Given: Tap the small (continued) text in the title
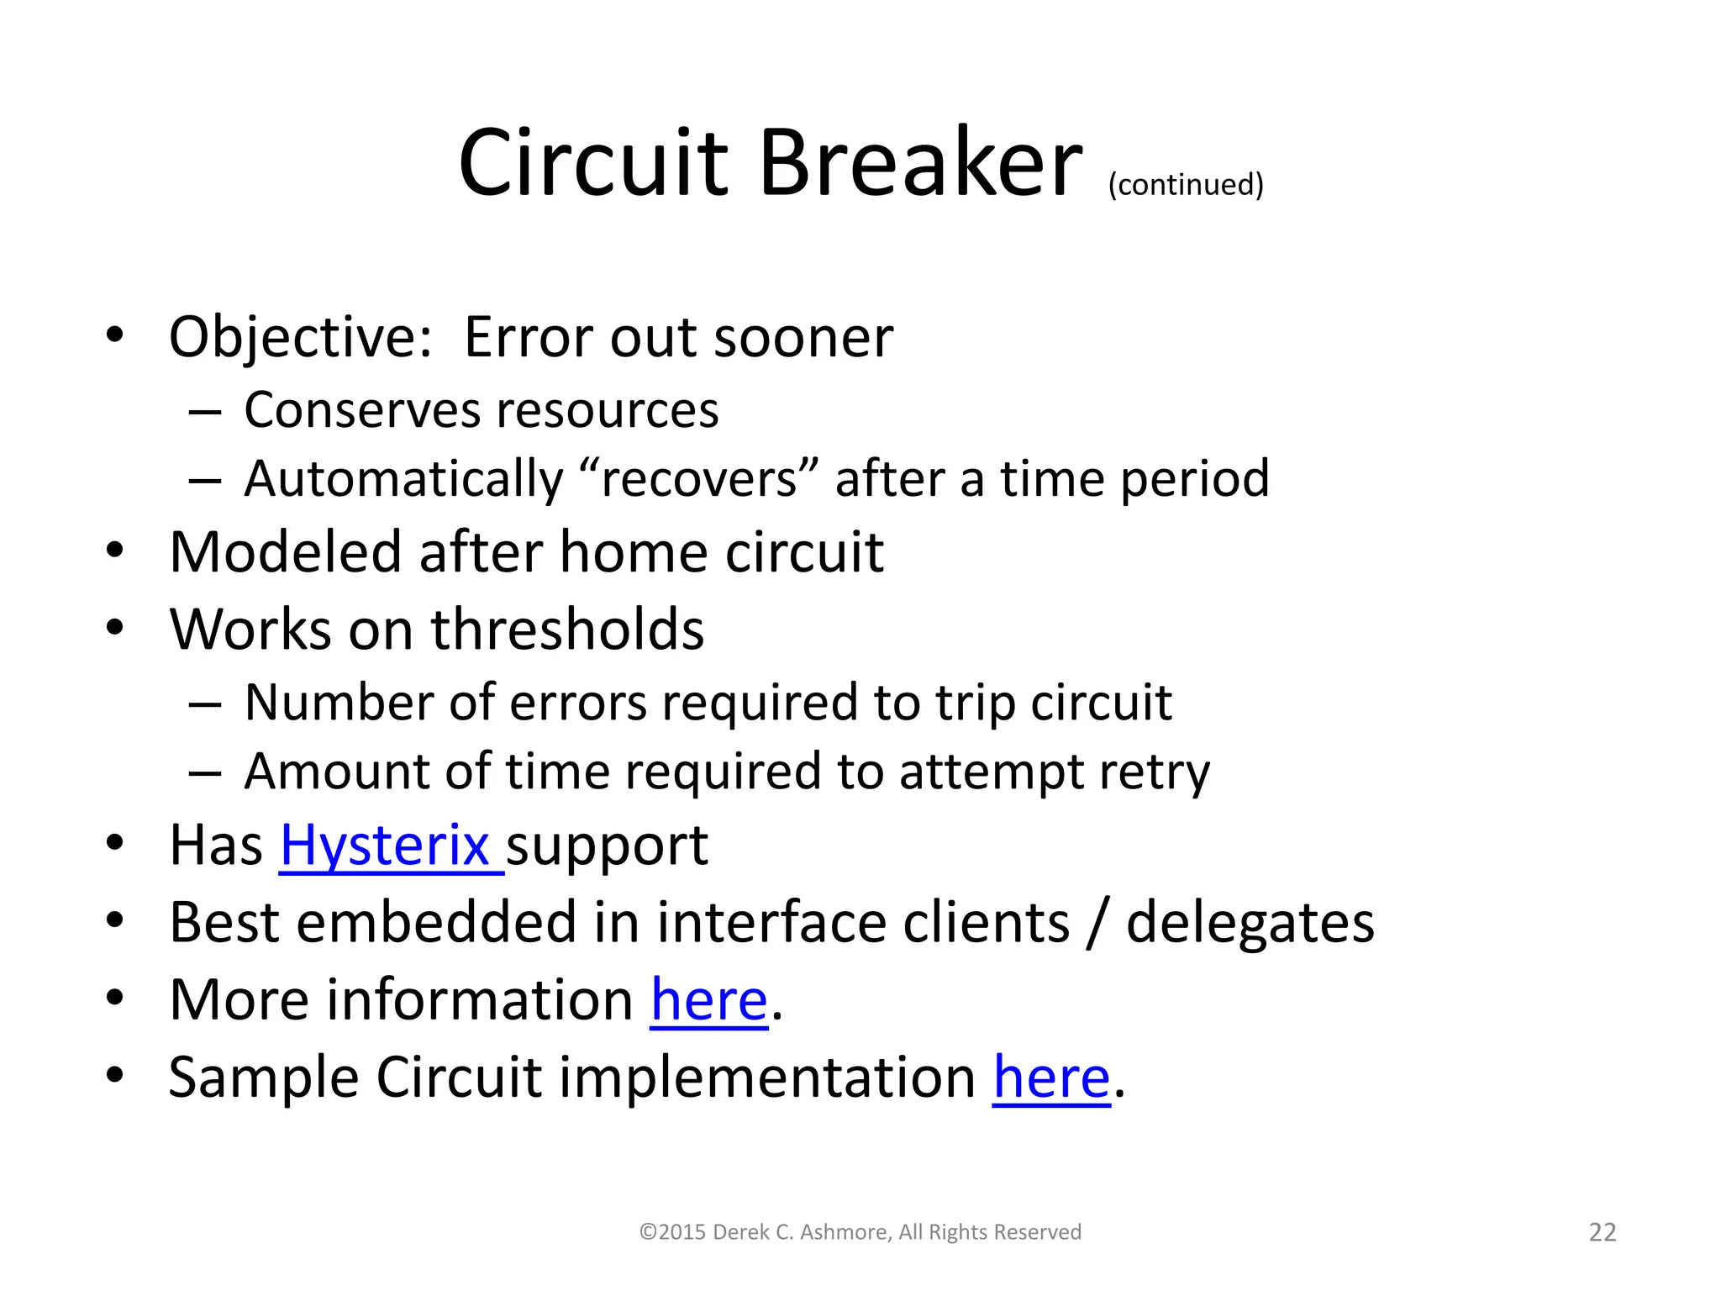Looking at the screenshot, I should [x=1186, y=184].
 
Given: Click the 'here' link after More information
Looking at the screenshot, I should [x=709, y=1000].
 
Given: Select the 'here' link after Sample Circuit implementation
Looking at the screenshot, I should [x=1051, y=1078].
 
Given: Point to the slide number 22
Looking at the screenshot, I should [x=1603, y=1232].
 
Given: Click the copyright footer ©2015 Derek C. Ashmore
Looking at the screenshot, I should [x=860, y=1232].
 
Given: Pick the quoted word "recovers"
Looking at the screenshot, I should [x=698, y=479].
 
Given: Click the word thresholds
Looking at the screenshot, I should [x=567, y=630].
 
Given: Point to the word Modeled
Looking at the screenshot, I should [x=286, y=553].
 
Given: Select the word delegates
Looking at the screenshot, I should [x=1250, y=923].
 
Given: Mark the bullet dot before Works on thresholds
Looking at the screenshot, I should [x=115, y=627].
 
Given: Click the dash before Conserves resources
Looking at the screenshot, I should [x=205, y=412].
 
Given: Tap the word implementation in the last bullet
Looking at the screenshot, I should [x=767, y=1078].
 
